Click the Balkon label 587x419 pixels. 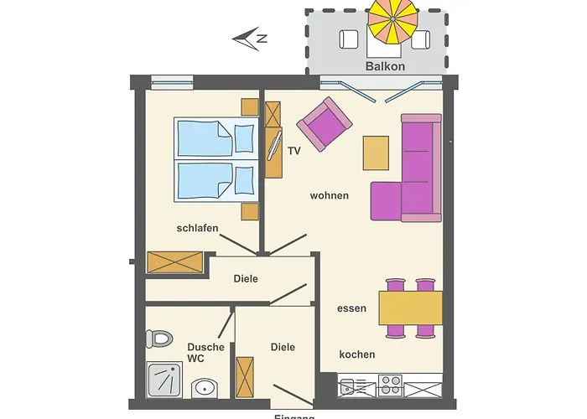point(386,65)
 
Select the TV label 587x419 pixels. point(294,152)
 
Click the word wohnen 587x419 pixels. point(329,195)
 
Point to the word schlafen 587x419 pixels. point(198,228)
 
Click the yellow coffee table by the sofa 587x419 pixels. point(376,153)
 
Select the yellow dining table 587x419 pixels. point(410,308)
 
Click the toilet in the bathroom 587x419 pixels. point(158,339)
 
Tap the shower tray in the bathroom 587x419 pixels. point(164,379)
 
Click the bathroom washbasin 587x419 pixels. point(205,388)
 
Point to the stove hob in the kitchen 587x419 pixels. point(390,386)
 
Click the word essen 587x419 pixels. point(351,308)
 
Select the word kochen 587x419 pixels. point(356,354)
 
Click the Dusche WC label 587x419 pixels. point(205,353)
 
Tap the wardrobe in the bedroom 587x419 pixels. point(174,262)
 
